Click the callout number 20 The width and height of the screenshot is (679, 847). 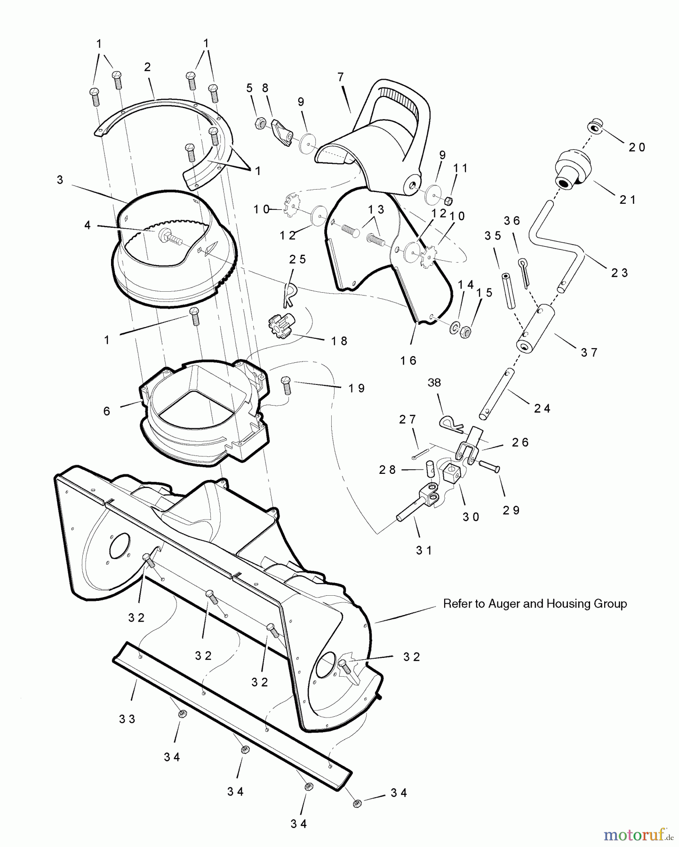(x=637, y=147)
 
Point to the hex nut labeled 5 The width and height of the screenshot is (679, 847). (x=259, y=124)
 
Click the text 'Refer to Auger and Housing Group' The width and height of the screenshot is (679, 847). (x=535, y=603)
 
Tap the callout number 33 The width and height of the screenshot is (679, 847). (x=127, y=719)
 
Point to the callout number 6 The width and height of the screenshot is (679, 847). (x=107, y=411)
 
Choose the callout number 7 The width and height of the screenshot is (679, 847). (x=341, y=77)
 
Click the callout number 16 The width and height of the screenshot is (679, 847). (x=408, y=360)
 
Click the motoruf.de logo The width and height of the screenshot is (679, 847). (x=638, y=835)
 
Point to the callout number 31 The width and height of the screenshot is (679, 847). (x=423, y=550)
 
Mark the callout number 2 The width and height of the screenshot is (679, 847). (x=147, y=67)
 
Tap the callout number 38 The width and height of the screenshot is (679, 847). (x=434, y=383)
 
